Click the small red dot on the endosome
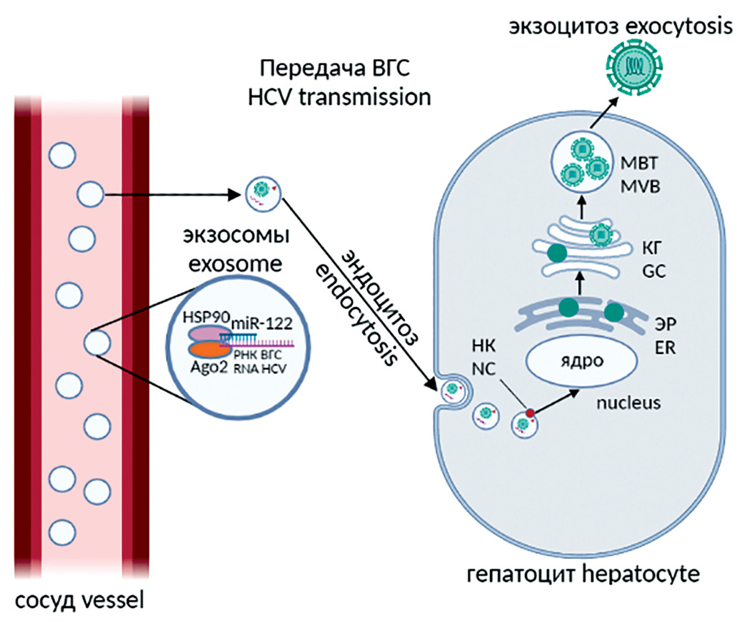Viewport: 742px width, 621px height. coord(530,412)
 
